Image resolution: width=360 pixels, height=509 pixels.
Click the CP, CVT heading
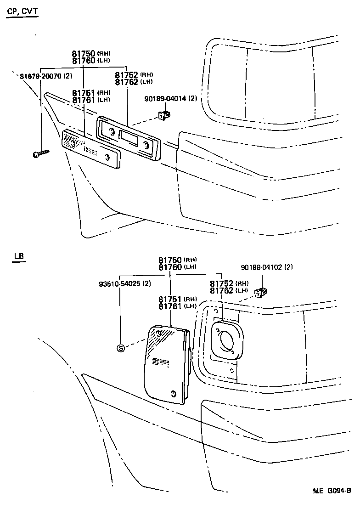coord(22,10)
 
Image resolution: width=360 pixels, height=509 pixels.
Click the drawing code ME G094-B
coord(332,491)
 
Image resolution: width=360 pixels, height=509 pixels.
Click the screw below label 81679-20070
coord(40,153)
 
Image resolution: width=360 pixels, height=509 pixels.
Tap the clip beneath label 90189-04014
coord(163,115)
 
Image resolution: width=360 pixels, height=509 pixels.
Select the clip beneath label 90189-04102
coord(261,291)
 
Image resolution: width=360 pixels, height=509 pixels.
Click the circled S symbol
coord(121,348)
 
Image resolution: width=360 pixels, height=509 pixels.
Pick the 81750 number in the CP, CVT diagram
coord(83,54)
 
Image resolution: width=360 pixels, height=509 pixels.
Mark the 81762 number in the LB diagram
coord(223,290)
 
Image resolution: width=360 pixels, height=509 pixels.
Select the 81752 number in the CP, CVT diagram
coord(126,75)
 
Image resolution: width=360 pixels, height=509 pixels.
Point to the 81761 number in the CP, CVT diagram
coord(84,99)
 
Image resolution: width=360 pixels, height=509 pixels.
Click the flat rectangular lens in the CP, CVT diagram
coord(92,148)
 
